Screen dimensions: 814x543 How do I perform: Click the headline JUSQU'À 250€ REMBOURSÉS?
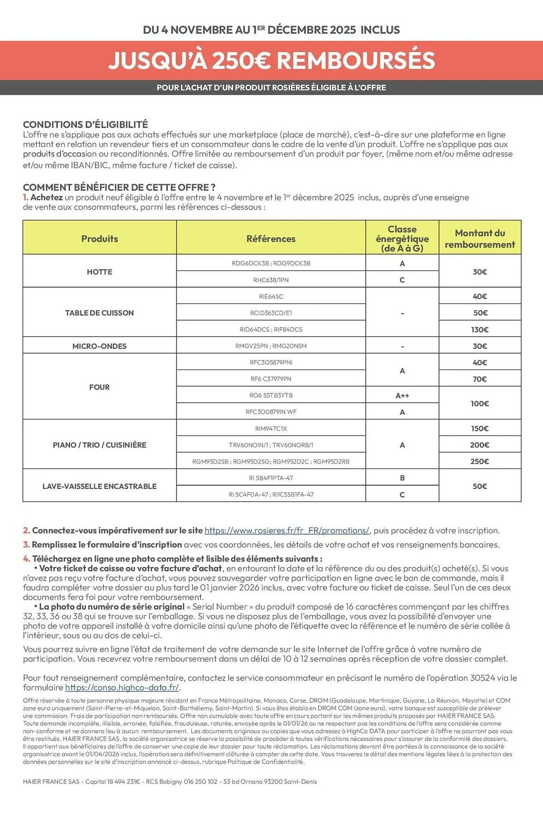271,61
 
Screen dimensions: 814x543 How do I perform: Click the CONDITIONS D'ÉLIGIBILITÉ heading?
85,125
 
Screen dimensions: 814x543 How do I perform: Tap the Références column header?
270,239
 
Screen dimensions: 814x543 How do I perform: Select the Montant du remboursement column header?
479,239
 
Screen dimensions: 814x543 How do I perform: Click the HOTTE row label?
99,271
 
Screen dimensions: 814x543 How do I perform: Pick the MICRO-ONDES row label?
99,346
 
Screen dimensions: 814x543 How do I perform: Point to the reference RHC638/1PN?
270,280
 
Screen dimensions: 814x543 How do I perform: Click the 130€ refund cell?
479,330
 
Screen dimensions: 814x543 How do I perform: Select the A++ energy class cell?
402,395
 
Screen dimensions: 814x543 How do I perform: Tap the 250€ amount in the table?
479,461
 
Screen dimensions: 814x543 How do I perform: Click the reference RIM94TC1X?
270,428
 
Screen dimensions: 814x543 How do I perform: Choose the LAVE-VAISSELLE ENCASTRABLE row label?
99,486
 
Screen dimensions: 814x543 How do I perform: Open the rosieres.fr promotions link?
287,530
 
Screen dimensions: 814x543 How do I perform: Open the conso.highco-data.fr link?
122,687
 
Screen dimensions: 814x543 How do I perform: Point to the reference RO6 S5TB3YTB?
270,395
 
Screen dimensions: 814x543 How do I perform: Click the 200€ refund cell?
479,445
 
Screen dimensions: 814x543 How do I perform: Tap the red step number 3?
26,545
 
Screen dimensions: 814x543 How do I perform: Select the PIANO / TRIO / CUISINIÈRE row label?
99,445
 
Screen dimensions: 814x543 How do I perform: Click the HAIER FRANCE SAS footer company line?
170,781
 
